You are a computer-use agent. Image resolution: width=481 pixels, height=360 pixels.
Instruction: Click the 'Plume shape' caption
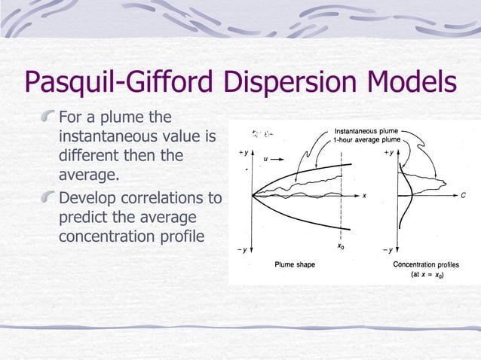point(294,265)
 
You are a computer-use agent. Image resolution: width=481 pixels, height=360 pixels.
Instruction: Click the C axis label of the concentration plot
point(463,195)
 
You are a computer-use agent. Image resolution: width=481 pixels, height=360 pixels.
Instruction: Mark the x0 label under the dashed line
point(342,247)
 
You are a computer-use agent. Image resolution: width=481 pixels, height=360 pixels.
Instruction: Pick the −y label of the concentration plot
point(387,249)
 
